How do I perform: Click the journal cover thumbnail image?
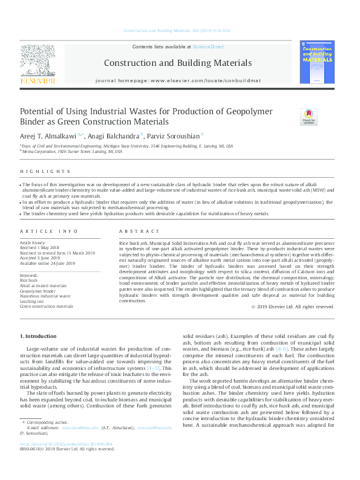click(317, 62)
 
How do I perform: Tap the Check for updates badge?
click(309, 116)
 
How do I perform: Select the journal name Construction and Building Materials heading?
click(177, 62)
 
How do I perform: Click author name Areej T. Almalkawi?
click(51, 136)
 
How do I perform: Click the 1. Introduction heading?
click(40, 335)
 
